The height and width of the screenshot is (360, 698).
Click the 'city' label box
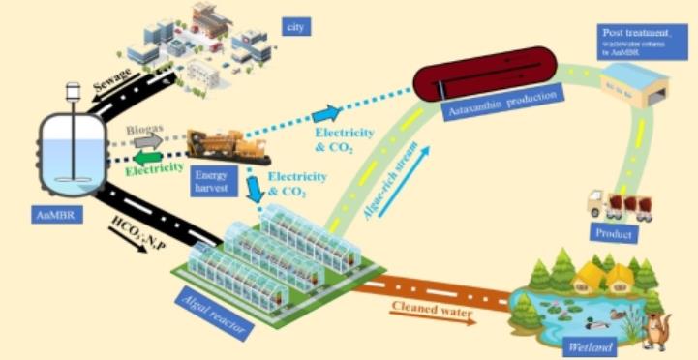coord(297,25)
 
